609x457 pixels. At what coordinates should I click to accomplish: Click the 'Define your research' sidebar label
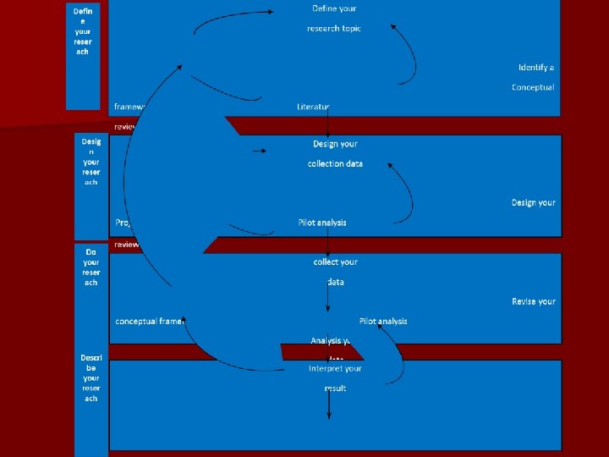83,30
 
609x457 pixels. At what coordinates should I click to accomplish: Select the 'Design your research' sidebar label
91,162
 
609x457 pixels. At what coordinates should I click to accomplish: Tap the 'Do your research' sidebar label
91,267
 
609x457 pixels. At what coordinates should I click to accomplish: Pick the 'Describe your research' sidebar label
91,377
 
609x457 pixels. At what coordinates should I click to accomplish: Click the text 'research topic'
333,29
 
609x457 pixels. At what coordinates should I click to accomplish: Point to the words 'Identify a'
535,67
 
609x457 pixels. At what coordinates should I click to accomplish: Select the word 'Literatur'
313,107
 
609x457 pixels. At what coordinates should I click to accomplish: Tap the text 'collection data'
335,163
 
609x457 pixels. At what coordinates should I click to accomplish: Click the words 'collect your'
335,262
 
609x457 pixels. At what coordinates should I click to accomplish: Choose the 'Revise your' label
533,301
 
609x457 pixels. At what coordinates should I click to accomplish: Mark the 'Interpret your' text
335,369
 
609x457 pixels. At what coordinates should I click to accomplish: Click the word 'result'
335,388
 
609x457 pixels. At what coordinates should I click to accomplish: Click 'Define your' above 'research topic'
335,8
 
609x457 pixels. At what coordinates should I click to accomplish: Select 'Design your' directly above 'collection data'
335,144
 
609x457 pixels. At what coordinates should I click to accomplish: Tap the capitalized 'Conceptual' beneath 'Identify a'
533,87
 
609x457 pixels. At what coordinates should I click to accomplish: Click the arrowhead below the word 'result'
329,416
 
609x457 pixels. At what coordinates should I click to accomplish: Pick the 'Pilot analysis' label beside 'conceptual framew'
383,322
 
